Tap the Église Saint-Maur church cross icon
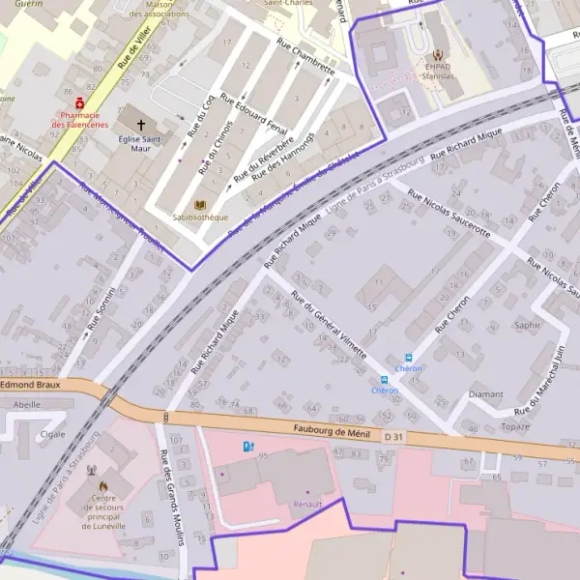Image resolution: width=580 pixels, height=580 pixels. click(143, 125)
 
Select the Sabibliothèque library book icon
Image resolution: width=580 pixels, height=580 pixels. click(201, 206)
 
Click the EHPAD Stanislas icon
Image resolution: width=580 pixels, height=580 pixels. click(439, 55)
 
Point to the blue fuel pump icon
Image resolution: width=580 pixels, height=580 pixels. click(249, 447)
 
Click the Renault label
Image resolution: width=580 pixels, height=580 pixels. click(307, 504)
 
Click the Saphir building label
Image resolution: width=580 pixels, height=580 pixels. click(528, 326)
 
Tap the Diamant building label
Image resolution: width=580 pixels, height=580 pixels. click(485, 394)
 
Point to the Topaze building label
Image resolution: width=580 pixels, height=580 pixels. click(516, 426)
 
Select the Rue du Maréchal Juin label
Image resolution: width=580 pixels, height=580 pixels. click(547, 373)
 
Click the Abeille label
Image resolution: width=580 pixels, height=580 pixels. click(27, 405)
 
